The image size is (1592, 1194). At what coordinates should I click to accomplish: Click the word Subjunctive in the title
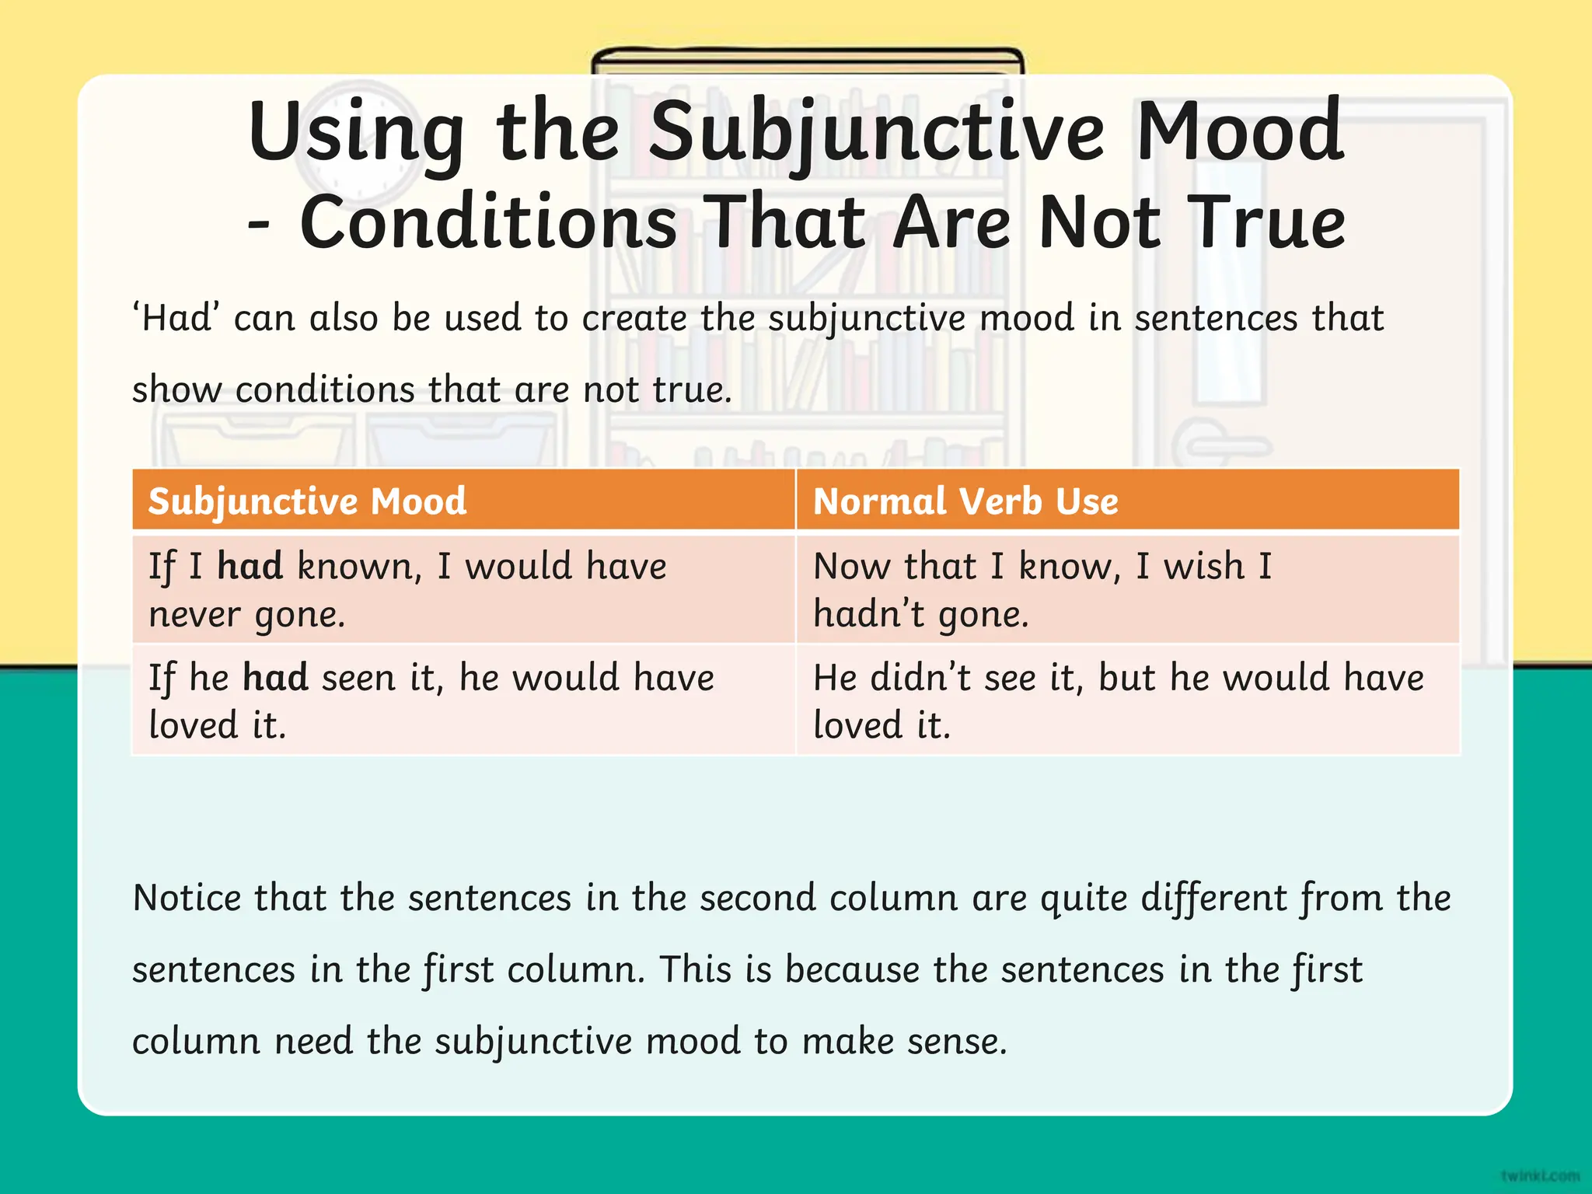(876, 132)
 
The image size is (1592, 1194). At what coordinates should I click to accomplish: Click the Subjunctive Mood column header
(308, 501)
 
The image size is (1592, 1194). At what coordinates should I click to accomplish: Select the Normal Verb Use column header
(965, 501)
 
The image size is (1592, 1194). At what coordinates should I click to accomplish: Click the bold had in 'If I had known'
(250, 565)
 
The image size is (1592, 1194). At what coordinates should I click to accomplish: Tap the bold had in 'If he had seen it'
(275, 677)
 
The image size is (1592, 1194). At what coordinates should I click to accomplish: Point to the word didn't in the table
(920, 677)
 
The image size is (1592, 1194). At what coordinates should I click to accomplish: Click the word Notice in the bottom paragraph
(187, 898)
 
